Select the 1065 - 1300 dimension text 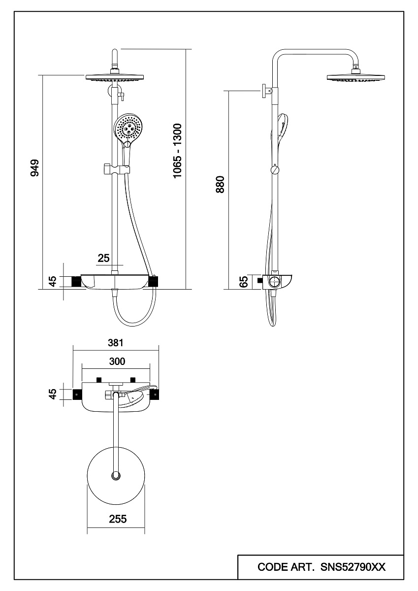coord(177,151)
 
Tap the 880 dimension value coord(220,184)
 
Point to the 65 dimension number coord(243,282)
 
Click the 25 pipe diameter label coord(104,258)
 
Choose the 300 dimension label coord(116,361)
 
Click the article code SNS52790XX coord(353,567)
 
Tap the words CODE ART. coord(287,567)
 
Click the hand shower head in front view coord(129,128)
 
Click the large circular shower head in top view coord(116,475)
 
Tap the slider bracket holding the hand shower coord(116,168)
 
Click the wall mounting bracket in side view coord(266,92)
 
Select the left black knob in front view coord(76,281)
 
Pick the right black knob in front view coord(154,281)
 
